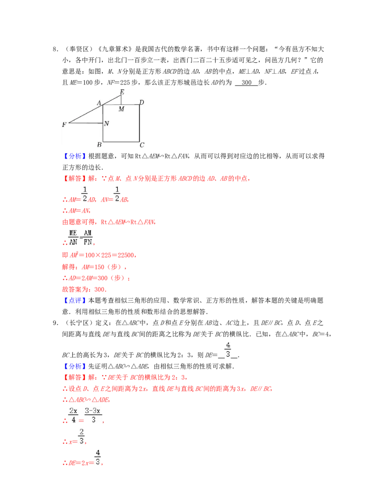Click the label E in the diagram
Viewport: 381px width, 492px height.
pyautogui.click(x=122, y=92)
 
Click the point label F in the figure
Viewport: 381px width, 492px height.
pyautogui.click(x=64, y=125)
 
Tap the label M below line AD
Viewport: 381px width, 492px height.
pyautogui.click(x=121, y=109)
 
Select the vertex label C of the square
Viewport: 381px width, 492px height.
pyautogui.click(x=142, y=145)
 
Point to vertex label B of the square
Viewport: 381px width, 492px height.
pyautogui.click(x=100, y=145)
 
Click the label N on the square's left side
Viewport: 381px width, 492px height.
pyautogui.click(x=107, y=123)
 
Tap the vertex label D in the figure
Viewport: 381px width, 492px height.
pyautogui.click(x=141, y=102)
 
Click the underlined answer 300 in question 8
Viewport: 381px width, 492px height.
pyautogui.click(x=246, y=83)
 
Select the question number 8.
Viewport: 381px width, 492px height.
pyautogui.click(x=55, y=49)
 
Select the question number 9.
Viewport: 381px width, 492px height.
pyautogui.click(x=55, y=323)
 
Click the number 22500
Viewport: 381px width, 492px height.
pyautogui.click(x=126, y=255)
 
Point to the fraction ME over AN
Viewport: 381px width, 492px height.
pyautogui.click(x=73, y=238)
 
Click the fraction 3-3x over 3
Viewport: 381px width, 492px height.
pyautogui.click(x=93, y=415)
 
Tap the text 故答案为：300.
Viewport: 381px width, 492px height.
pyautogui.click(x=84, y=289)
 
